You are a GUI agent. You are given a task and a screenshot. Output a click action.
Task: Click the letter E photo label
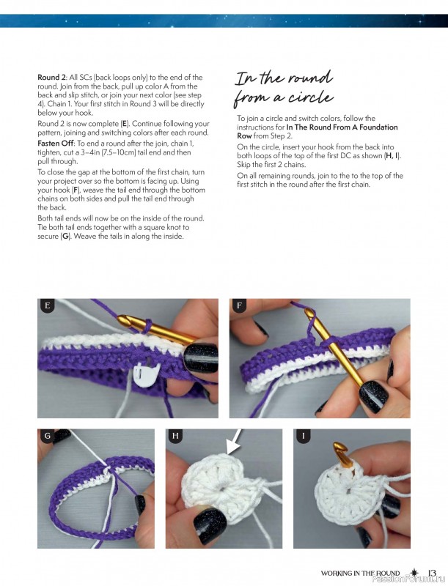[x=48, y=306]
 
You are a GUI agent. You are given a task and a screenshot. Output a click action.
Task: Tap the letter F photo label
[x=239, y=306]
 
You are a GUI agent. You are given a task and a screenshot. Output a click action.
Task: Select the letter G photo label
[x=48, y=437]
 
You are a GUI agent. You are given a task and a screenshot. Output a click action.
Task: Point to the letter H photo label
[x=175, y=437]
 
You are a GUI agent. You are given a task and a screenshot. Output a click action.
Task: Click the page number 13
[x=432, y=573]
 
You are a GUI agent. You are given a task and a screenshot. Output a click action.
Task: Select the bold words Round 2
[x=52, y=77]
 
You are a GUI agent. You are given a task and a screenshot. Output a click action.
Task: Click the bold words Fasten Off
[x=56, y=143]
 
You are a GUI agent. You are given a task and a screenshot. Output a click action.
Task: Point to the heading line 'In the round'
[x=284, y=78]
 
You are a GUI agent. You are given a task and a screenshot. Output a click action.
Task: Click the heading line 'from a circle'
[x=284, y=97]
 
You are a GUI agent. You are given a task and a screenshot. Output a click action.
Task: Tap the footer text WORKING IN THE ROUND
[x=361, y=573]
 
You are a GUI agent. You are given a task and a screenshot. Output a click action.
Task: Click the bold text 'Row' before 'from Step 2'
[x=244, y=136]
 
